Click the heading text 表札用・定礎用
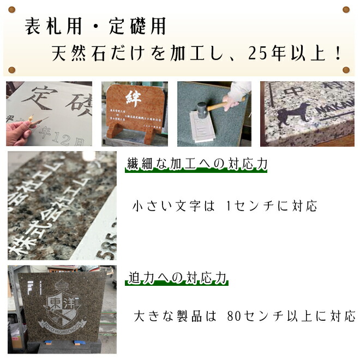click(95, 26)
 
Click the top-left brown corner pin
click(12, 9)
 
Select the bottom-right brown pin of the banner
click(345, 70)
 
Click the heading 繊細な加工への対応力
click(196, 164)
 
